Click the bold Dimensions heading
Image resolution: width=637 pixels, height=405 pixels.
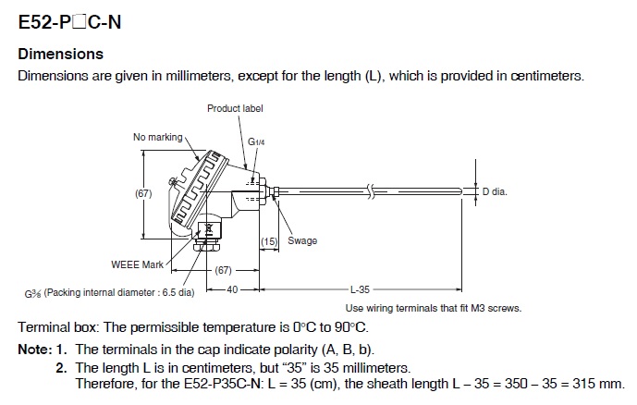pos(61,55)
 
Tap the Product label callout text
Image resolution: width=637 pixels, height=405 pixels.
pos(235,108)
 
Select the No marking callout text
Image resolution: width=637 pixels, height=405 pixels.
pos(158,138)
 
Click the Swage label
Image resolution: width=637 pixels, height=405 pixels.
pos(302,241)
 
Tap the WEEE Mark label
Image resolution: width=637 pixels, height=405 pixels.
pos(137,264)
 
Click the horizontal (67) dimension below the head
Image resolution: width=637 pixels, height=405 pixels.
pos(223,271)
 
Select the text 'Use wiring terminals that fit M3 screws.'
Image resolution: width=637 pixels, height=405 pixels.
pos(433,308)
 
